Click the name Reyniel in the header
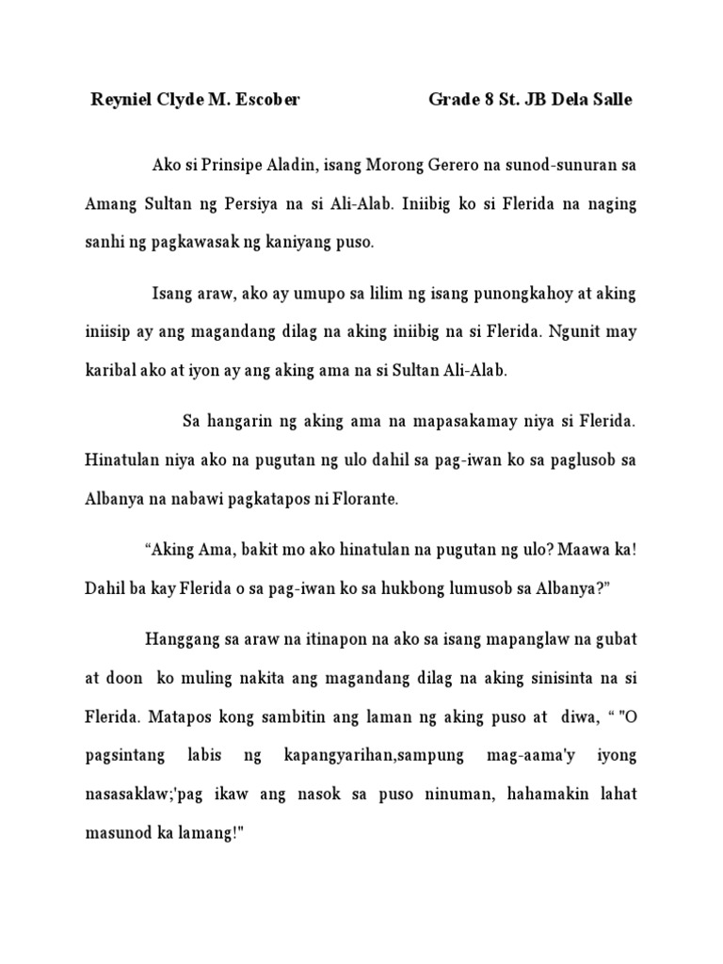click(120, 100)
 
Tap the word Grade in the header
click(455, 100)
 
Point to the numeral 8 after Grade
click(493, 100)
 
